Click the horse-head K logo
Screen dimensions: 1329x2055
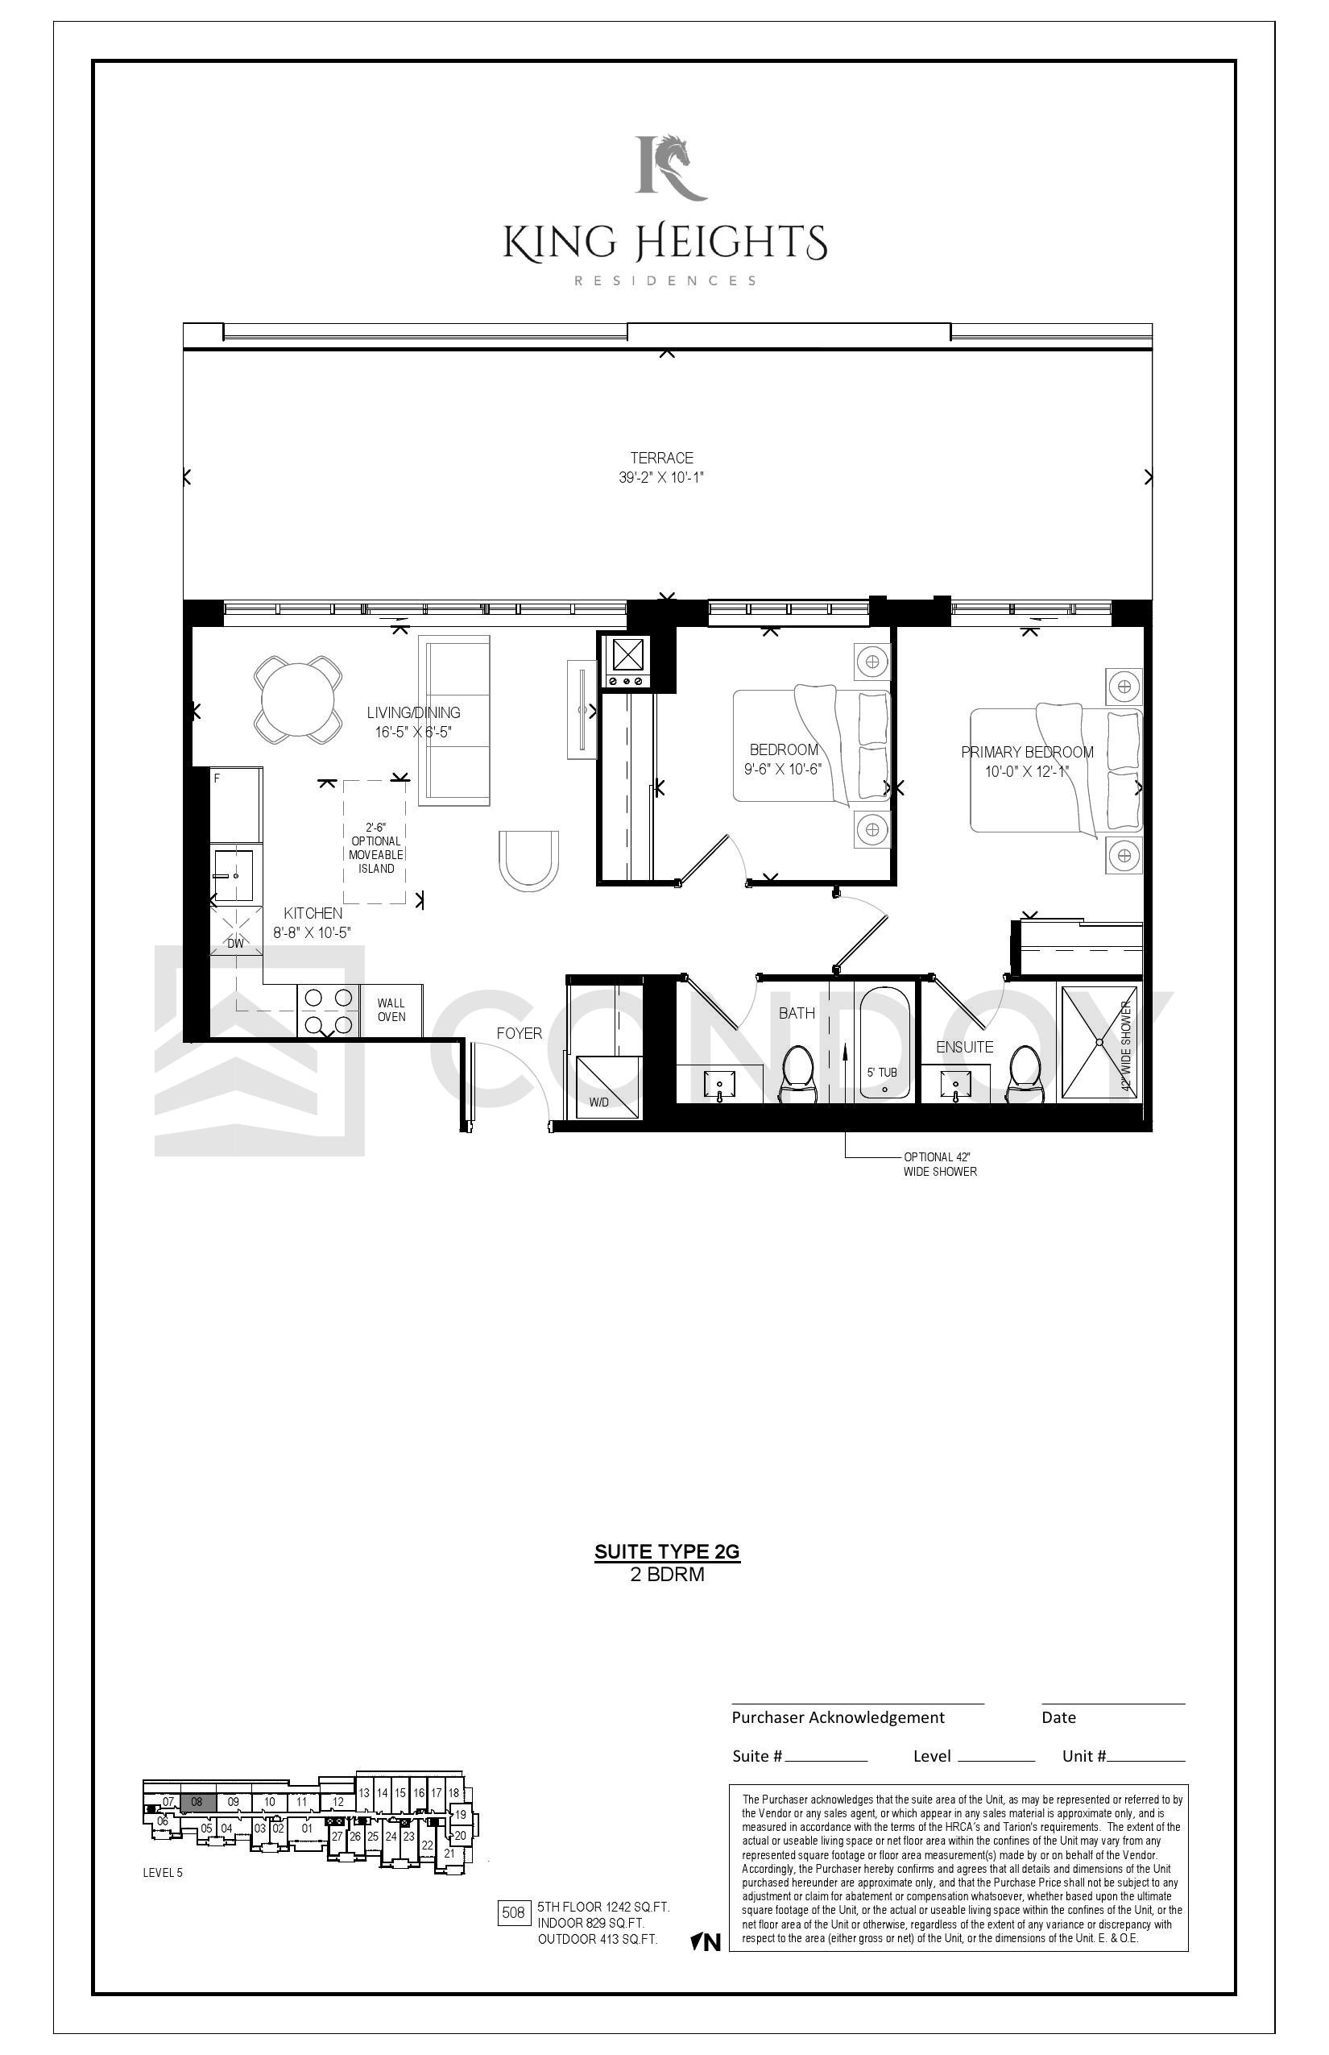point(670,168)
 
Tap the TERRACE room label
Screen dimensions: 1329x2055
point(661,458)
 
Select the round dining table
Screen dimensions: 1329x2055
point(297,700)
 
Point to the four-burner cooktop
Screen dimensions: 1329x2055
point(328,1011)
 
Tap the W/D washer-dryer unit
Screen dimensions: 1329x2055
point(604,1087)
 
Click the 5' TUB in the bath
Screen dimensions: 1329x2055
point(884,1044)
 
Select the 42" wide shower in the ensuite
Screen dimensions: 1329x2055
point(1099,1043)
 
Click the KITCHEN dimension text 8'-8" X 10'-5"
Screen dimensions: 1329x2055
point(313,932)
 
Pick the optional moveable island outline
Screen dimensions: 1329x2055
point(375,842)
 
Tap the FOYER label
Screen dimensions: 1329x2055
point(519,1033)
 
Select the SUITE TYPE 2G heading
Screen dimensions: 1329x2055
point(667,1551)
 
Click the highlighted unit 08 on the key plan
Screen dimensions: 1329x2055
point(197,1802)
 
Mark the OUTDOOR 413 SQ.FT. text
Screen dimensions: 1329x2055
point(597,1939)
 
